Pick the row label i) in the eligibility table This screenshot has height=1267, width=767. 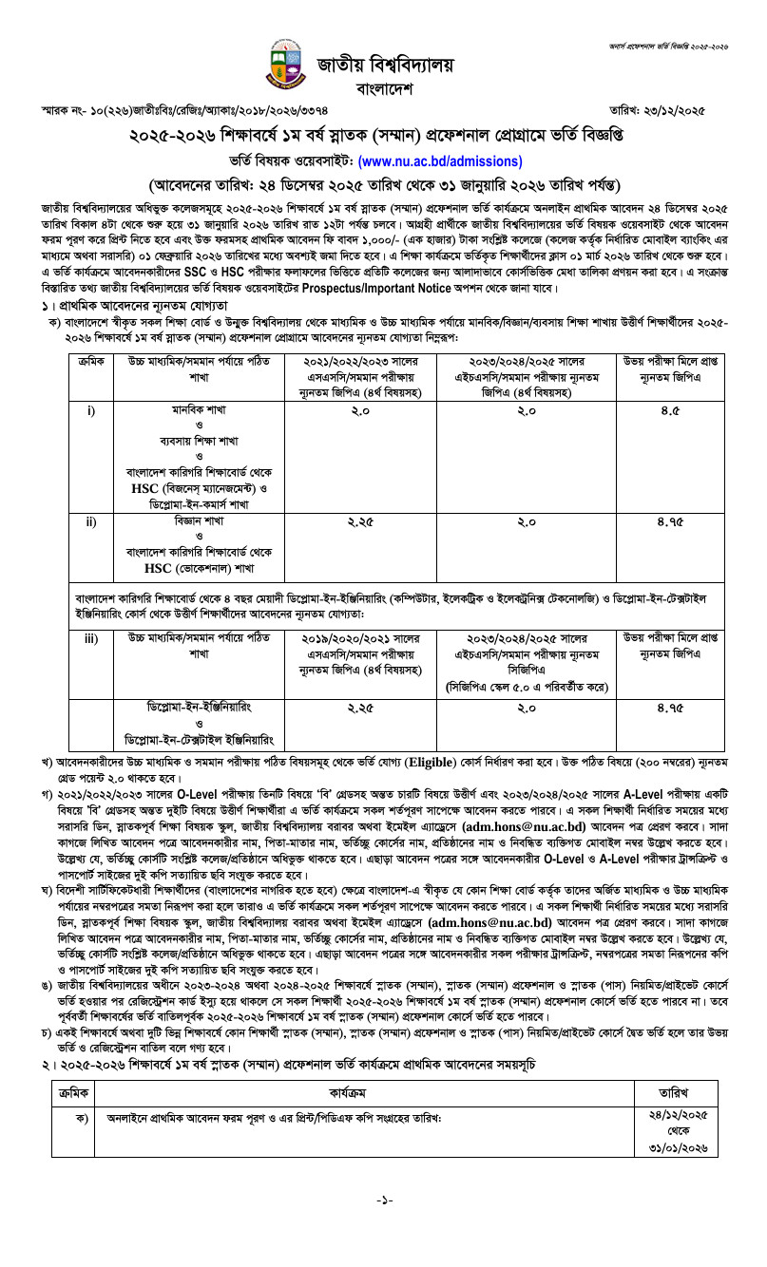(91, 411)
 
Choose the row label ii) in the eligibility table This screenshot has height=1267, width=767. (91, 522)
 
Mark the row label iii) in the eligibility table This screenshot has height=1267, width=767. (91, 638)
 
